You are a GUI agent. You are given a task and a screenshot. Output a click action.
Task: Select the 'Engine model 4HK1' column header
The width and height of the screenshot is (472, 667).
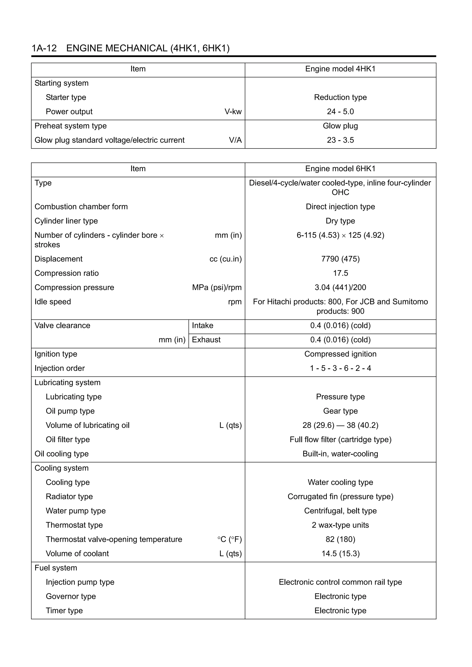pyautogui.click(x=340, y=69)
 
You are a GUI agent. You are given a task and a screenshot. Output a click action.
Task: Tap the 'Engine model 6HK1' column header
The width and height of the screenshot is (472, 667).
pyautogui.click(x=340, y=169)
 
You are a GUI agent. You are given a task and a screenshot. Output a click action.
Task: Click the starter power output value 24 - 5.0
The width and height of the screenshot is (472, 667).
pyautogui.click(x=340, y=112)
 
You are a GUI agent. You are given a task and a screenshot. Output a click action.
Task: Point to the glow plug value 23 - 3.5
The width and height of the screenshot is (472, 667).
pyautogui.click(x=340, y=140)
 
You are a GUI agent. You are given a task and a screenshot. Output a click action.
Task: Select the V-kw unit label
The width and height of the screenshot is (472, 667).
pyautogui.click(x=233, y=112)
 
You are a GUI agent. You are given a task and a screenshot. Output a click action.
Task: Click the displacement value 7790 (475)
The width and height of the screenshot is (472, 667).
pyautogui.click(x=340, y=259)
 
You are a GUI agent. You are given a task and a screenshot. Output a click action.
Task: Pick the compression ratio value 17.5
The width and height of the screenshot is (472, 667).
pyautogui.click(x=340, y=273)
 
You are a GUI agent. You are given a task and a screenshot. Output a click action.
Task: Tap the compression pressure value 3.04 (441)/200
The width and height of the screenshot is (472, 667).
pyautogui.click(x=340, y=287)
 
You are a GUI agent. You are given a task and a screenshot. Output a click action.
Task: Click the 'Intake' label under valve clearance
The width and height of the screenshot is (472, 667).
pyautogui.click(x=202, y=325)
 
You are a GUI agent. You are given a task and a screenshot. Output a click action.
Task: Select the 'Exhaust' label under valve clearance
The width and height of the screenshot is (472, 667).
pyautogui.click(x=206, y=340)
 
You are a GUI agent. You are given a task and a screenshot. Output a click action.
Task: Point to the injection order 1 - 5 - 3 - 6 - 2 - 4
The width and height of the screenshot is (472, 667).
pyautogui.click(x=340, y=368)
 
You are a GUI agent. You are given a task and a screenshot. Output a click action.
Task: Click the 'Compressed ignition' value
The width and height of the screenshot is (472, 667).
pyautogui.click(x=340, y=354)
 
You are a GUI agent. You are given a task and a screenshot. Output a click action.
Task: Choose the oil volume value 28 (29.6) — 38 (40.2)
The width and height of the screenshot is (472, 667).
pyautogui.click(x=340, y=425)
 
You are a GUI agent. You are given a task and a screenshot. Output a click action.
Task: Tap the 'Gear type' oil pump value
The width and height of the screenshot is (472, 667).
pyautogui.click(x=340, y=411)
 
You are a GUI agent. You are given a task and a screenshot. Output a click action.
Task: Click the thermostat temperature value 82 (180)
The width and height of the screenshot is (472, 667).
pyautogui.click(x=340, y=539)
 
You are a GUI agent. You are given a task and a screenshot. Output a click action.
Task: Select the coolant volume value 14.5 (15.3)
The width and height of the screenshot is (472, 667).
pyautogui.click(x=340, y=553)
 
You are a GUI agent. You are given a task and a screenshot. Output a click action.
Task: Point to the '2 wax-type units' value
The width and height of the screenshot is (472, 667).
pyautogui.click(x=340, y=525)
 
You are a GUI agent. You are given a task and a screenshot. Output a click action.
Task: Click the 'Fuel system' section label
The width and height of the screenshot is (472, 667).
pyautogui.click(x=56, y=568)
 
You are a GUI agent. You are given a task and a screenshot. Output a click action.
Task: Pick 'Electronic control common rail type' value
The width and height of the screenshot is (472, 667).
pyautogui.click(x=340, y=582)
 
